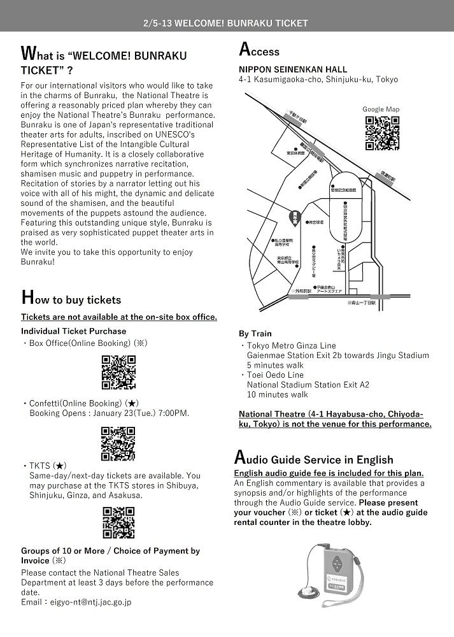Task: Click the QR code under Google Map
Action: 382,133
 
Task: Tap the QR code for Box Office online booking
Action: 118,372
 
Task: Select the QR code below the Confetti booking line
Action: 118,443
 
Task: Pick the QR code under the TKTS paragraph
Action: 118,523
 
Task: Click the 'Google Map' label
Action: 381,110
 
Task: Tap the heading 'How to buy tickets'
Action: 71,299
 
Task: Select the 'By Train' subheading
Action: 255,333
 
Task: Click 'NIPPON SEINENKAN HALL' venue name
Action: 293,69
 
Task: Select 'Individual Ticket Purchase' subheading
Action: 73,331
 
